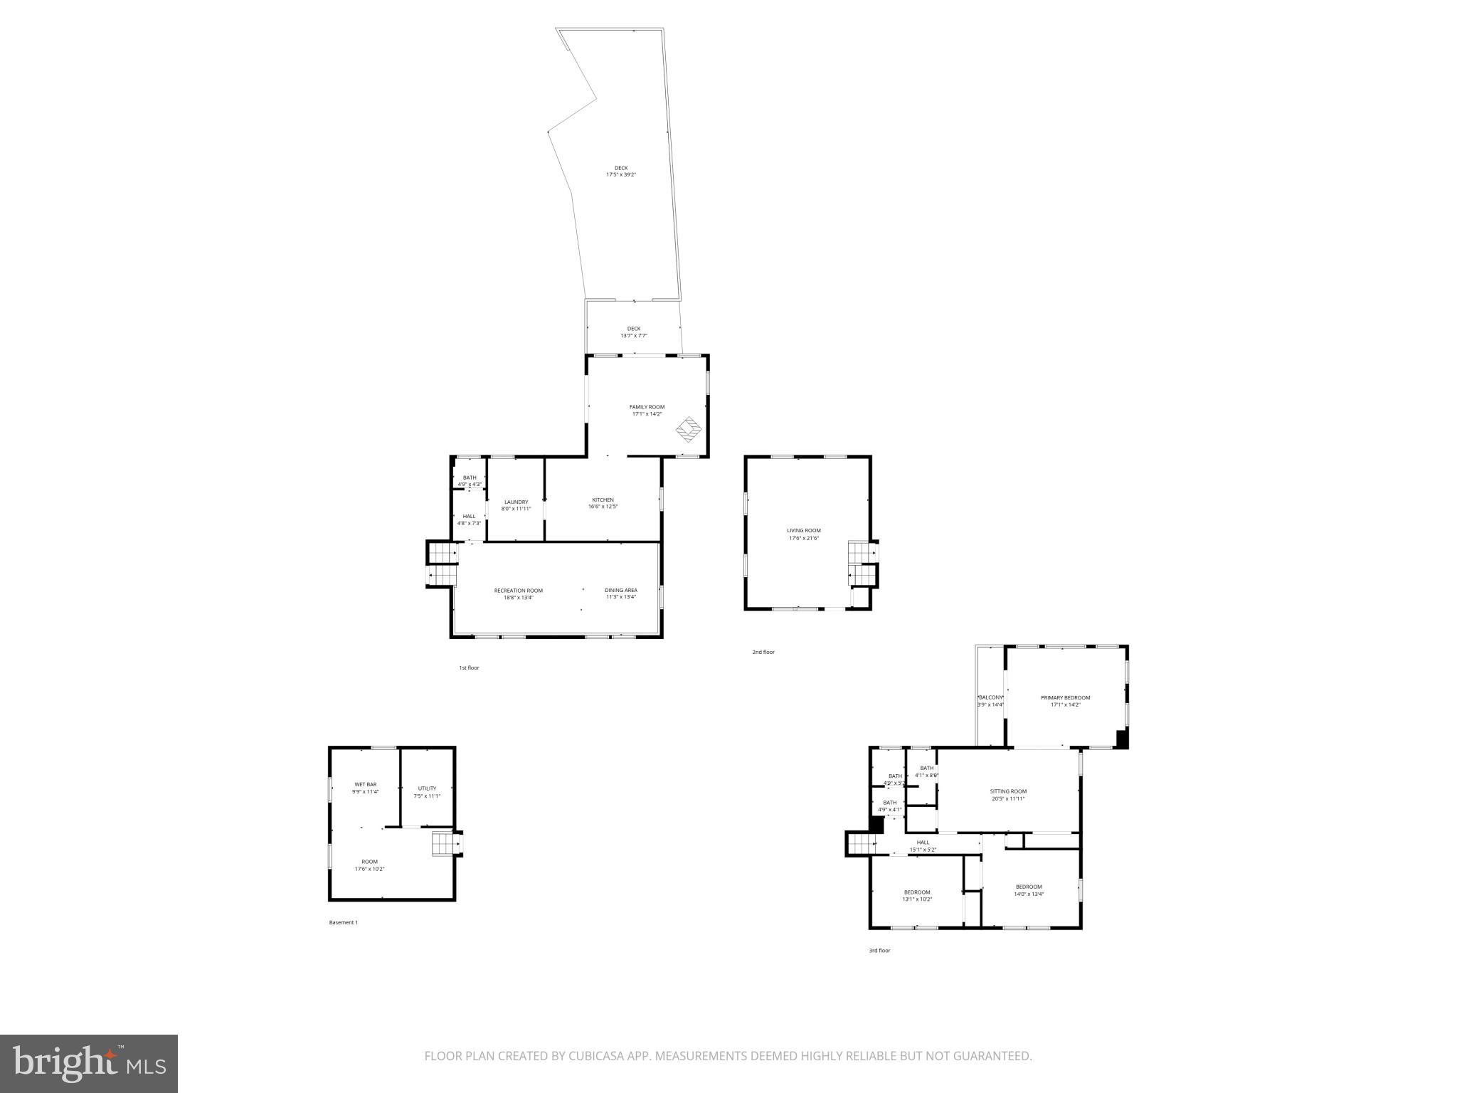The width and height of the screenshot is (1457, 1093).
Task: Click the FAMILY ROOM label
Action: pyautogui.click(x=647, y=407)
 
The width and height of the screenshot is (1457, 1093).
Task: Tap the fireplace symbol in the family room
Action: pyautogui.click(x=689, y=428)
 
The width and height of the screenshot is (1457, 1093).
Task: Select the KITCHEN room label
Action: pyautogui.click(x=603, y=500)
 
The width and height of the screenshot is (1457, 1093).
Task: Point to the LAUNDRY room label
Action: pyautogui.click(x=516, y=502)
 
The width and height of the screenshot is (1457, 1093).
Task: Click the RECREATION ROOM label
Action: pyautogui.click(x=518, y=591)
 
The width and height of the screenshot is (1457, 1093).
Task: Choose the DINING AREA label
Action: pyautogui.click(x=620, y=591)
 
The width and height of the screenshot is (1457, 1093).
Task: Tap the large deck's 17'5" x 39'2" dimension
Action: pyautogui.click(x=620, y=174)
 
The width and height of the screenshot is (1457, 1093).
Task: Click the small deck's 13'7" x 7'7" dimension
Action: pyautogui.click(x=633, y=336)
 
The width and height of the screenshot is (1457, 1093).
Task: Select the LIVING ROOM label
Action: pyautogui.click(x=803, y=531)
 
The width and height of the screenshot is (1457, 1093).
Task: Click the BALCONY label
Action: pyautogui.click(x=990, y=697)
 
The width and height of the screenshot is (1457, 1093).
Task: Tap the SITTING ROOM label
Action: pyautogui.click(x=1008, y=791)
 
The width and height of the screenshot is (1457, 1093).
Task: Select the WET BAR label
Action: pyautogui.click(x=365, y=784)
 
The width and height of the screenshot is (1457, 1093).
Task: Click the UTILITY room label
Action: pyautogui.click(x=427, y=788)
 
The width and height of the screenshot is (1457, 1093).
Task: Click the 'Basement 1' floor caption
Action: pyautogui.click(x=343, y=923)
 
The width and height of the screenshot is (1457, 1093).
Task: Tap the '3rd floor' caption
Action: pyautogui.click(x=879, y=951)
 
